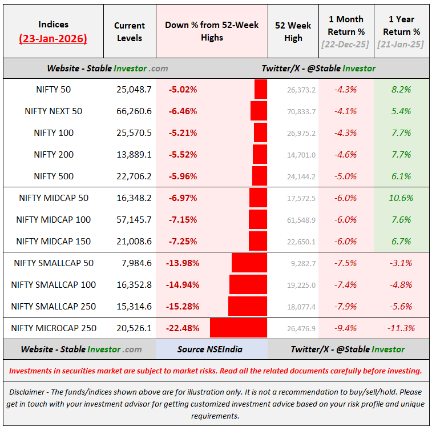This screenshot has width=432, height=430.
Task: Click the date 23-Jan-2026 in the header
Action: [53, 39]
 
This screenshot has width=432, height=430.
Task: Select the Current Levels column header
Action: [130, 31]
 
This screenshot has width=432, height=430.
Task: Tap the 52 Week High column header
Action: [293, 31]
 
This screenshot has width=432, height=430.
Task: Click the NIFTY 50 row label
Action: [53, 90]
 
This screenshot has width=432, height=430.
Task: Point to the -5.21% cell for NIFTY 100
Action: [183, 133]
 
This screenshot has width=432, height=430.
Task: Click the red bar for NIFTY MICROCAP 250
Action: [239, 328]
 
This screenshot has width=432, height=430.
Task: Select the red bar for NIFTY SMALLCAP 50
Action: [249, 263]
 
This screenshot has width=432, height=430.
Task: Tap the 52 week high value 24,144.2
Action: [301, 176]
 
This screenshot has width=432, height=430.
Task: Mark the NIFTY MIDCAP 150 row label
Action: [53, 242]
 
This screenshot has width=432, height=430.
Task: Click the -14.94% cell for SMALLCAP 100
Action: [183, 285]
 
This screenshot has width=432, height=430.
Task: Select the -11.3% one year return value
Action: [399, 328]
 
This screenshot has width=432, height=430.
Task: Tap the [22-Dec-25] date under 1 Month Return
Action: [346, 44]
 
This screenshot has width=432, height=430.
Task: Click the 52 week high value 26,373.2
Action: [301, 90]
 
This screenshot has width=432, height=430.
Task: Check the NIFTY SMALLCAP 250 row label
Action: [53, 307]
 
